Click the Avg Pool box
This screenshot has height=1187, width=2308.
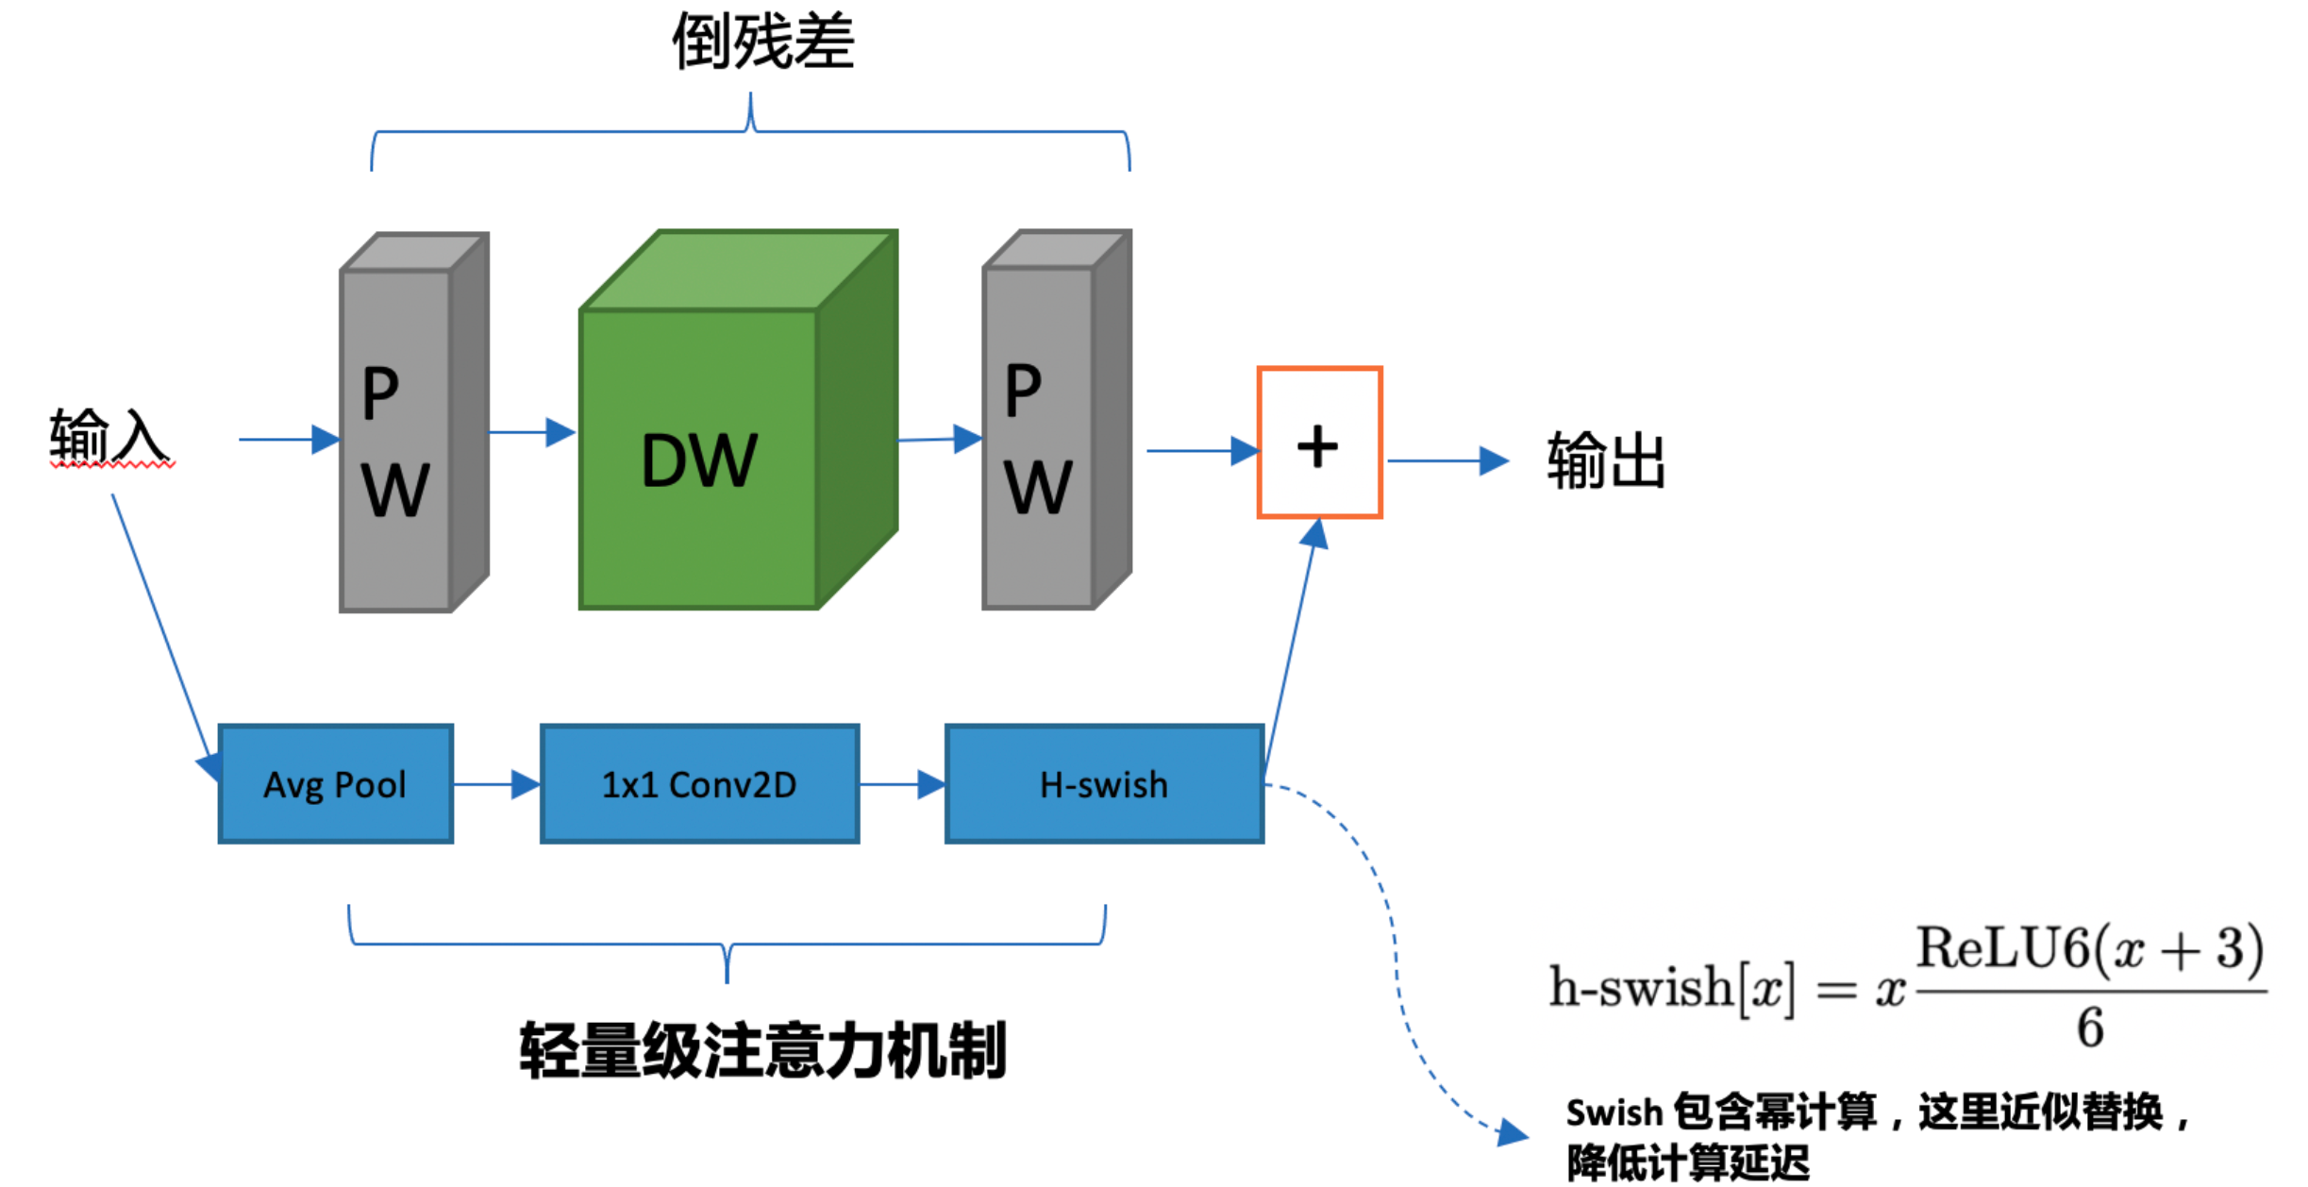pos(335,784)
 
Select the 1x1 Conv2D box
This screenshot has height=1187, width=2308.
pos(699,784)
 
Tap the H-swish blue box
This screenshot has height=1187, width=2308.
pos(1104,784)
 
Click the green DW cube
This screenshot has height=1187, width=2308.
pos(699,459)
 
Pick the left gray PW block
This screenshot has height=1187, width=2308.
pos(395,440)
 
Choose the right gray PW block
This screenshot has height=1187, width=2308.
pos(1039,438)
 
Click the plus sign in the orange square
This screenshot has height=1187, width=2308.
pos(1318,446)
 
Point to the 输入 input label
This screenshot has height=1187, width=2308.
pos(110,437)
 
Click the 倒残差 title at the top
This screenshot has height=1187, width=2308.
pos(763,42)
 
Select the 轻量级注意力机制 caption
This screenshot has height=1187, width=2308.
pos(763,1050)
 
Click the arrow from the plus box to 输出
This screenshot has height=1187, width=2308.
pos(1448,460)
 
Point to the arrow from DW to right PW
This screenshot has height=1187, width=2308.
pos(940,439)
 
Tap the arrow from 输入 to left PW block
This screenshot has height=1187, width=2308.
pos(289,439)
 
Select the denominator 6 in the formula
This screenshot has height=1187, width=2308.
pos(2090,1028)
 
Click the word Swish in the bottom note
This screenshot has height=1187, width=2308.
pos(1614,1113)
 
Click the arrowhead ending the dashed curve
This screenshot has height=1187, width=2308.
pos(1513,1132)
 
